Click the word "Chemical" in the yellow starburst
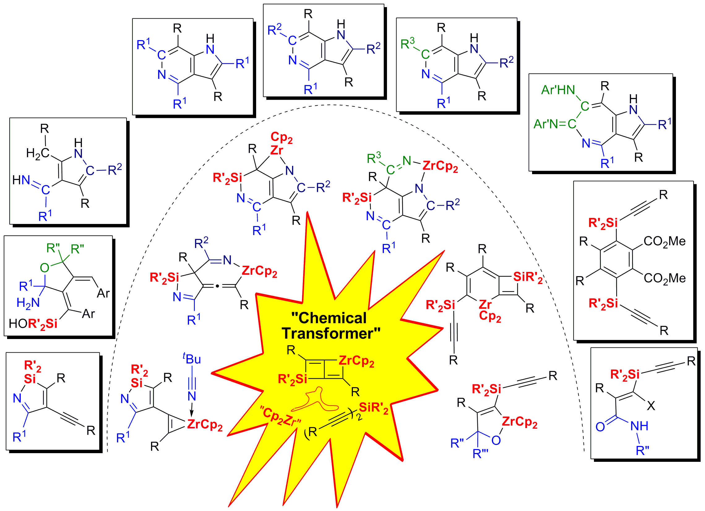(x=329, y=318)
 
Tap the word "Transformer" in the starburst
(x=331, y=333)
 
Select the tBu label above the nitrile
(x=192, y=359)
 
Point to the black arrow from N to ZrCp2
(x=192, y=409)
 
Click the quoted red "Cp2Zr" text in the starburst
(x=281, y=417)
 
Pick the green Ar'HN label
(x=558, y=90)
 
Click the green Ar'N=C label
(x=555, y=124)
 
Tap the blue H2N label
(x=28, y=303)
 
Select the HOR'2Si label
(x=33, y=324)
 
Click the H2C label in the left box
(x=38, y=153)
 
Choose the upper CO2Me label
(x=664, y=242)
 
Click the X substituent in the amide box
(x=651, y=406)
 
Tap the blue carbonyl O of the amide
(x=600, y=427)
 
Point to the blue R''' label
(x=480, y=454)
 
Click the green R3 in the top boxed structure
(x=407, y=44)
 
